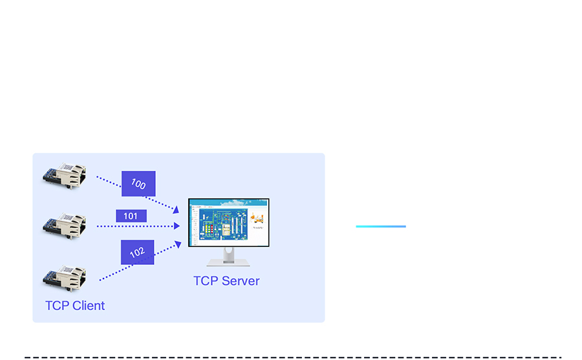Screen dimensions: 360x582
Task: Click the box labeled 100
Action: tap(138, 184)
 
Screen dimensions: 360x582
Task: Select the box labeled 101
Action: tap(131, 216)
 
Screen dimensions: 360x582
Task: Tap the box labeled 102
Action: tap(137, 252)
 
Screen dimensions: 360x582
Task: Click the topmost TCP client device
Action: tap(65, 174)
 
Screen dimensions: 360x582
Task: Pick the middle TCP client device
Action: tap(65, 223)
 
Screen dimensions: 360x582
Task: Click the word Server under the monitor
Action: tap(240, 281)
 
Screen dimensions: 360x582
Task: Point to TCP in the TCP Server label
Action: tap(206, 281)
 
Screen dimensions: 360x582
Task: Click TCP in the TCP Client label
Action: tap(56, 306)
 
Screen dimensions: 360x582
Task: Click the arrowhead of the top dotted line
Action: tap(175, 209)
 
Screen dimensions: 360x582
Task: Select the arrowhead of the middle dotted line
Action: tap(177, 226)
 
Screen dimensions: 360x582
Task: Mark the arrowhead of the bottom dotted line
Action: tap(177, 244)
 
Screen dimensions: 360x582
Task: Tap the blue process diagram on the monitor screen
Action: tap(220, 226)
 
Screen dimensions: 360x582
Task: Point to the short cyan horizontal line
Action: tap(381, 226)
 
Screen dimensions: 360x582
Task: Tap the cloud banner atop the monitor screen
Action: tap(228, 203)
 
